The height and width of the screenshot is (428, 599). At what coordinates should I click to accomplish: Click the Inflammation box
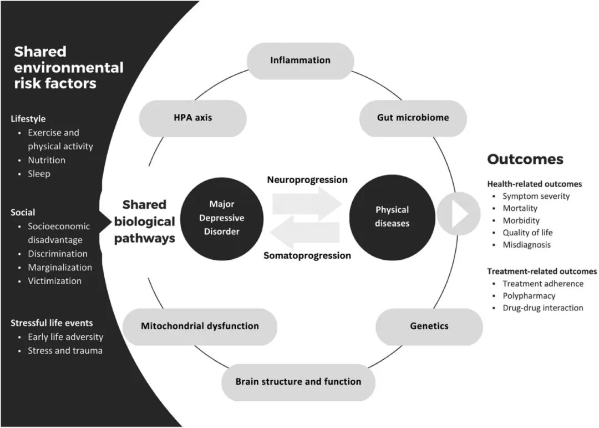300,60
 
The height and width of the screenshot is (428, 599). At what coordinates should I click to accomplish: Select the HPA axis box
192,118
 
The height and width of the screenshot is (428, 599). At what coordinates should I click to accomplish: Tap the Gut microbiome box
413,118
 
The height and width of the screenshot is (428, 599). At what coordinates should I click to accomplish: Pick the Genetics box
429,326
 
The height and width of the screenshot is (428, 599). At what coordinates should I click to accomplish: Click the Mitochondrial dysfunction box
200,326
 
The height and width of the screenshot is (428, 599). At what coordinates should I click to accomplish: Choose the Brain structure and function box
298,381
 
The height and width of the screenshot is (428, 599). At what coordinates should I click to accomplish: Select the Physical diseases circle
392,216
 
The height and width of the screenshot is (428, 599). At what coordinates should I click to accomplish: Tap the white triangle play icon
460,214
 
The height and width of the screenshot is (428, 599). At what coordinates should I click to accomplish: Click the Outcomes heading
525,159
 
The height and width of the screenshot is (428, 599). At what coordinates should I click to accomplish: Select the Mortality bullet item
520,208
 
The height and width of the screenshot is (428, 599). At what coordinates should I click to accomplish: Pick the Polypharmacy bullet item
529,296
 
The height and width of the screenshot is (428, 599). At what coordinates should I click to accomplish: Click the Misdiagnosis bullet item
526,245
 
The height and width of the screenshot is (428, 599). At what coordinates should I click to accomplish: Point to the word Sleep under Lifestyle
39,174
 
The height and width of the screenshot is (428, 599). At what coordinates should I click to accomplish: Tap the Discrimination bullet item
58,254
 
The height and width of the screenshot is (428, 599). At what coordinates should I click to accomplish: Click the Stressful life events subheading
52,323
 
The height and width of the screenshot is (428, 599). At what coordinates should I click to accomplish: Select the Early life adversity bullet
65,337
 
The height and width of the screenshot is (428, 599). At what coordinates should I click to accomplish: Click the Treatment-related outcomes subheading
542,271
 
